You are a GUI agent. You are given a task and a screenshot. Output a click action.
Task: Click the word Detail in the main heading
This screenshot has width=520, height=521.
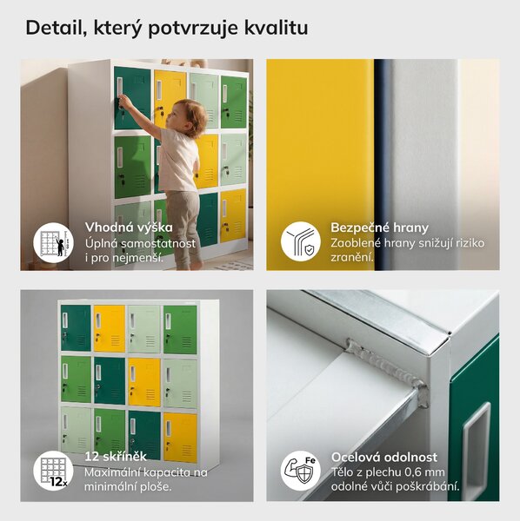point(54,28)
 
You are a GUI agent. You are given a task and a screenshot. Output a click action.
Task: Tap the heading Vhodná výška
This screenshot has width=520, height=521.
point(129,228)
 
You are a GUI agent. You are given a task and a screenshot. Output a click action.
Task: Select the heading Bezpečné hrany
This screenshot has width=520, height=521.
point(380,228)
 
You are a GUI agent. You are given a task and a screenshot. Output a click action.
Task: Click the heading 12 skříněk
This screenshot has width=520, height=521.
point(116,457)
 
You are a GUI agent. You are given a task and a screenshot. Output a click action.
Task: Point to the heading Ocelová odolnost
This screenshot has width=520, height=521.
point(384,458)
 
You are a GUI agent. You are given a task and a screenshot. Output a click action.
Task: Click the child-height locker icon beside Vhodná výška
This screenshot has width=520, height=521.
point(53,243)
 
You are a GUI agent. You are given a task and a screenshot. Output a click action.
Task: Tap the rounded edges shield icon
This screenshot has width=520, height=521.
point(300,241)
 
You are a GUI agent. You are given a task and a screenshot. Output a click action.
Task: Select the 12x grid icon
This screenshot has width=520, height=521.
point(53,471)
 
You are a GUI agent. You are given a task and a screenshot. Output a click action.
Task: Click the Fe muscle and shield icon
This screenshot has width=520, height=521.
point(300,471)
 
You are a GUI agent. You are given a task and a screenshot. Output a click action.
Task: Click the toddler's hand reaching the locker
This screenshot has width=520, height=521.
point(124,100)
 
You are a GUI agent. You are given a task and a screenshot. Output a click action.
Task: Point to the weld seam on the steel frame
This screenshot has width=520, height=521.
point(386,370)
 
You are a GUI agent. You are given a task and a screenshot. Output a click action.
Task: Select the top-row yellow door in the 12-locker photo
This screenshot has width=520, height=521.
point(109,328)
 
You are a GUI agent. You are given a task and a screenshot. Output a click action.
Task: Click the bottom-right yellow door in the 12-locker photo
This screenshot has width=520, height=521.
point(180,437)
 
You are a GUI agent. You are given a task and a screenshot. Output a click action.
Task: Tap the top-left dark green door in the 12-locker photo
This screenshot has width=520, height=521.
point(76,327)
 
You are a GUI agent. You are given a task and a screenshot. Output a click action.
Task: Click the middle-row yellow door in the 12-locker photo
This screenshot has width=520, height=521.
point(144,382)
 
